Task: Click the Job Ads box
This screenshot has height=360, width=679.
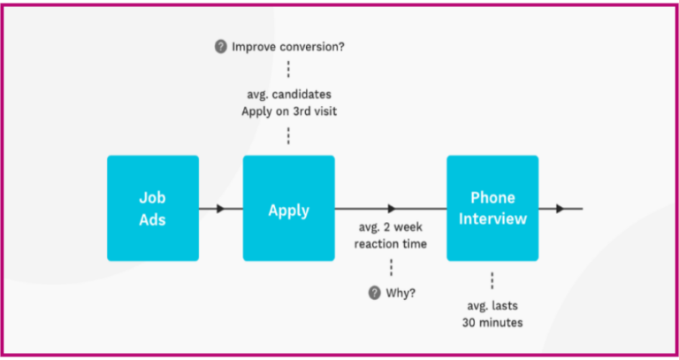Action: coord(153,209)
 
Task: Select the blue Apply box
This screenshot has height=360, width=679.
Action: coord(289,209)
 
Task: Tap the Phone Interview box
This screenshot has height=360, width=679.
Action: coord(492,209)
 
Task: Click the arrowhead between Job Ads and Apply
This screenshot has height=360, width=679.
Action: coord(221,209)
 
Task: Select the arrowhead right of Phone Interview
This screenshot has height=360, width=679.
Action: coord(560,209)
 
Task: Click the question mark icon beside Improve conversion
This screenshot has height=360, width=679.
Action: coord(222,46)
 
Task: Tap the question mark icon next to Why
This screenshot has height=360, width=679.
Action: coord(375,293)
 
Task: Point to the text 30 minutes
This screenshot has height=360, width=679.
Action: coord(492,322)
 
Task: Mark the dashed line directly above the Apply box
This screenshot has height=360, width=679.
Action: coord(288,135)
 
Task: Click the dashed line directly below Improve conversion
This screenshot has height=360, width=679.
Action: coord(288,69)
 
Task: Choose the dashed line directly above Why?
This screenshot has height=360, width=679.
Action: coord(391,268)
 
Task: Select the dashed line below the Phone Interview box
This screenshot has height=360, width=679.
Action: coord(492,281)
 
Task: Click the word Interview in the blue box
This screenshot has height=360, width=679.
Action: coord(492,218)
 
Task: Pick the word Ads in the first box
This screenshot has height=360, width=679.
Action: coord(153,218)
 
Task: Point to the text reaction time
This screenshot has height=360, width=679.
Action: coord(391,243)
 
